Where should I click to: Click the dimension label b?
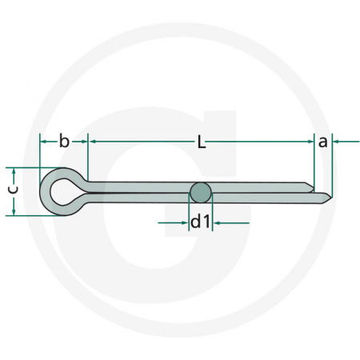pos(63,142)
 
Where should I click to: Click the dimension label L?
pos(202,142)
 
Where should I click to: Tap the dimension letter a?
pos(322,142)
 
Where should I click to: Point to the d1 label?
pos(200,222)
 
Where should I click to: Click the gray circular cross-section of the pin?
pos(201,192)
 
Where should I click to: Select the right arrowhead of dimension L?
pos(309,142)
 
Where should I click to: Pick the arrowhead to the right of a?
pos(336,142)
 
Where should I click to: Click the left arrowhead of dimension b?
pos(42,142)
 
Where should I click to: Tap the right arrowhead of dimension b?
pos(83,142)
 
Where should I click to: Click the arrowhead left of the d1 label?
pos(186,222)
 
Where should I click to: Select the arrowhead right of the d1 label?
pos(216,222)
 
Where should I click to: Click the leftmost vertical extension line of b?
pos(39,152)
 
